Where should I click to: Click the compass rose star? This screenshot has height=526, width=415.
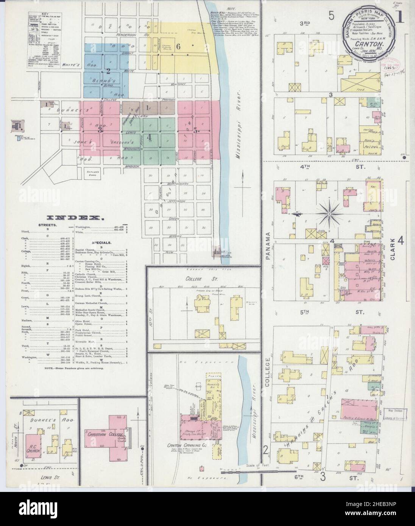click(x=330, y=215)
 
